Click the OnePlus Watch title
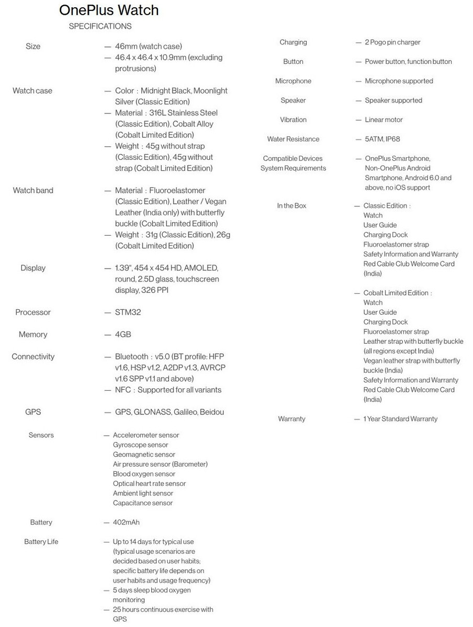(109, 10)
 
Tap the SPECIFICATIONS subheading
(100, 26)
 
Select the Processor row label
(33, 312)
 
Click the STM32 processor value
(128, 312)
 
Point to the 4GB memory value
(123, 334)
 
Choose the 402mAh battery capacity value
(126, 522)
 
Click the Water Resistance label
(293, 139)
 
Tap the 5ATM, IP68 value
(382, 139)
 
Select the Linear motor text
(384, 120)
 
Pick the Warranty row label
(291, 419)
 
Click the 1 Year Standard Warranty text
(400, 419)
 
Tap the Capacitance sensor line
(142, 503)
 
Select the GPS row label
(33, 412)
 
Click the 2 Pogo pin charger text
(392, 42)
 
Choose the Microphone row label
(293, 81)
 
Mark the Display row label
(33, 268)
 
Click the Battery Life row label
(41, 542)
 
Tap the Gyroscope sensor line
(140, 445)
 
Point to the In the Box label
(291, 206)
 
